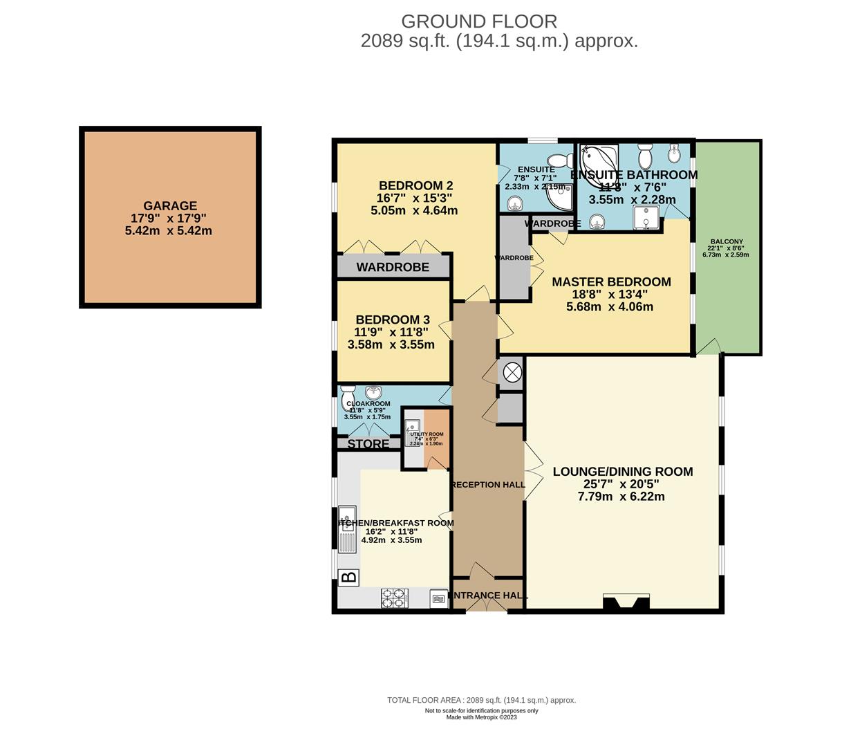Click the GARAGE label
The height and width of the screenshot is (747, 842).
tap(170, 205)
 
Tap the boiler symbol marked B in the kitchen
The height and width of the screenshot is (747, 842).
tap(350, 577)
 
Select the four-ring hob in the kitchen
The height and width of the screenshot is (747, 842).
tap(395, 598)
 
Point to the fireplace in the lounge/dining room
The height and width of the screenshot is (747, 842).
tap(626, 602)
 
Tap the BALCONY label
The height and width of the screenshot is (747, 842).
tap(726, 242)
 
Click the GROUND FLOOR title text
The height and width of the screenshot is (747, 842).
tap(478, 21)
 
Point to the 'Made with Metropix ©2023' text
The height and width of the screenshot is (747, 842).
tap(481, 717)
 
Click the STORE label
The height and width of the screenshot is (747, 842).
tap(368, 444)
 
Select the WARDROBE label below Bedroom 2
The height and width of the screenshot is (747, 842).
tap(393, 267)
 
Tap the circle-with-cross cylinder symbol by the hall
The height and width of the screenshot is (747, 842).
tap(512, 373)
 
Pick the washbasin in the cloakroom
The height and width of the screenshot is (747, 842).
tap(374, 392)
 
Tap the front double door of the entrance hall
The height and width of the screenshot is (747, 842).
tap(486, 605)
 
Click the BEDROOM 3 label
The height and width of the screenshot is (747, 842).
tap(393, 320)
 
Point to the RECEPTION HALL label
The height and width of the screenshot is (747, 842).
tap(488, 485)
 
